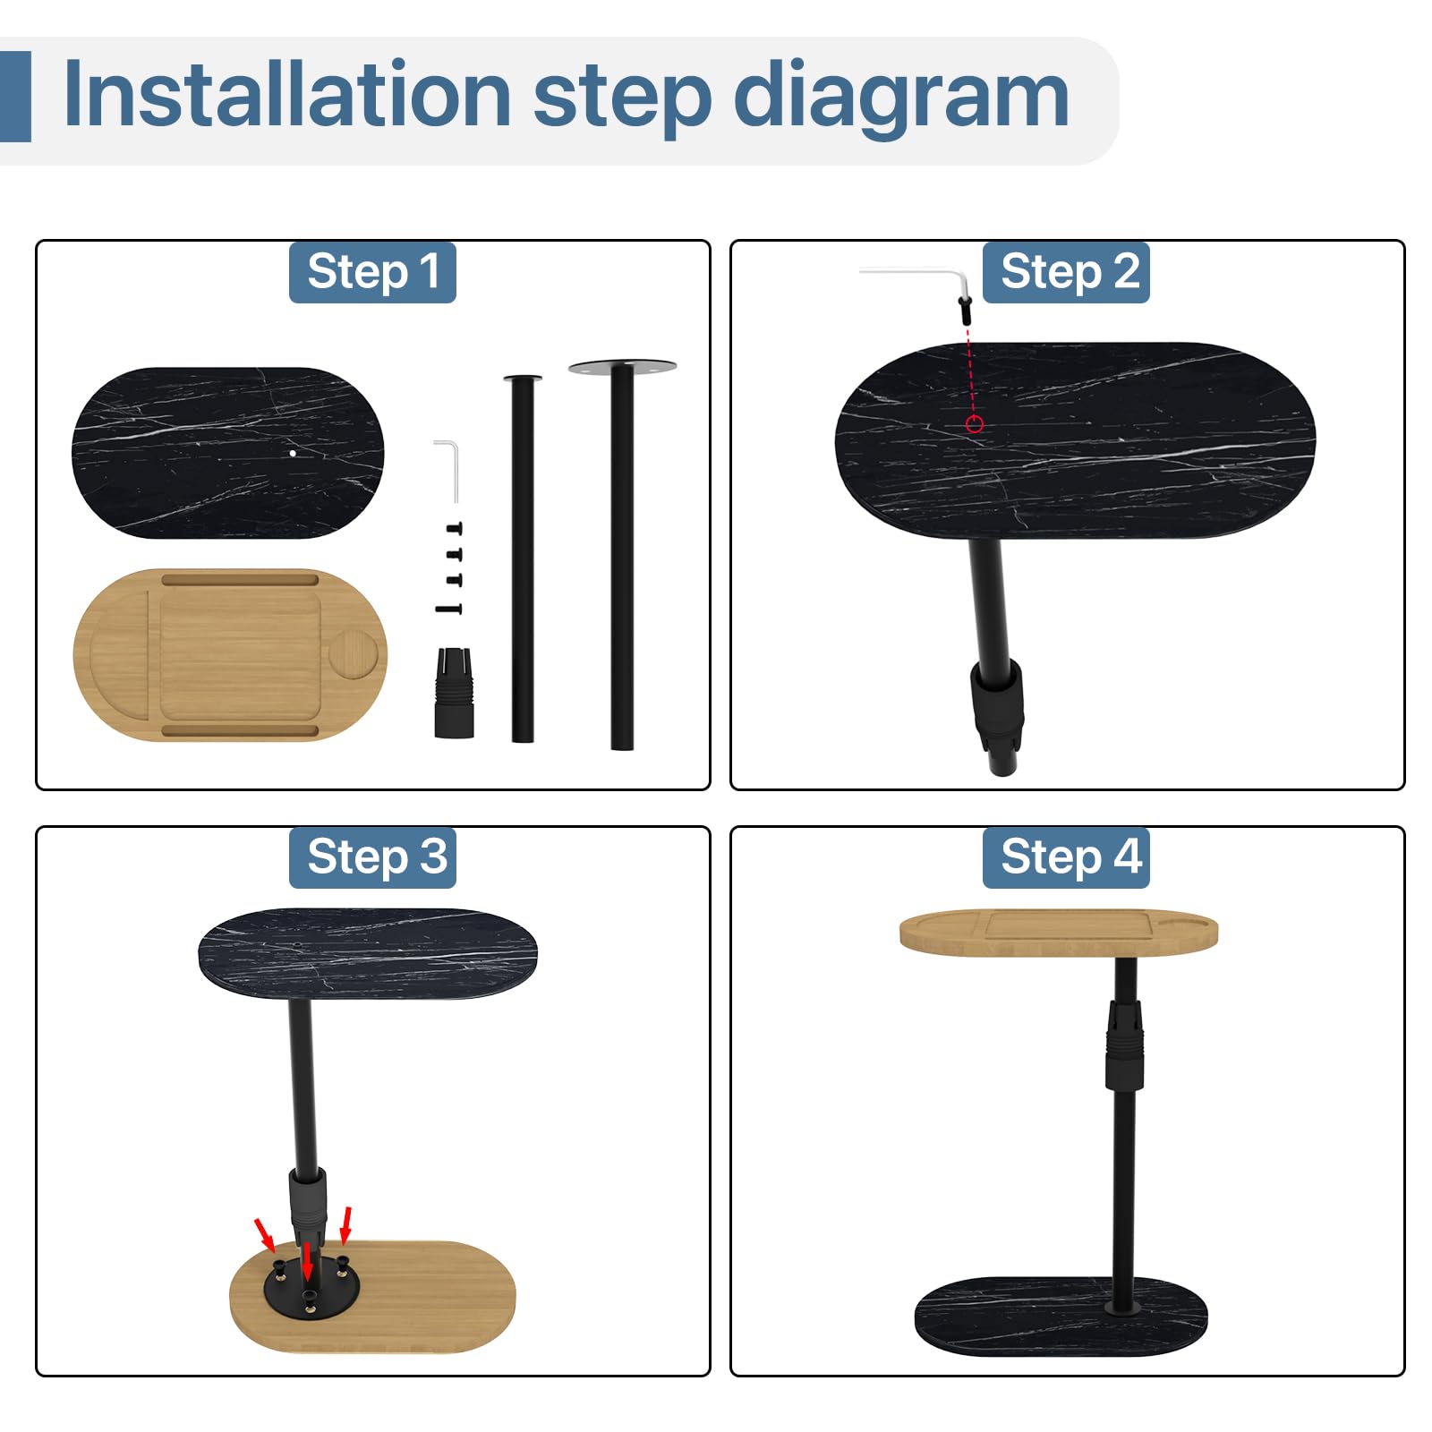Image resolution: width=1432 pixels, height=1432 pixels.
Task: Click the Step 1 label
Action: coord(372,272)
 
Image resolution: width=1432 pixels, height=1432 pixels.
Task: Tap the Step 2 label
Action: coord(1066,272)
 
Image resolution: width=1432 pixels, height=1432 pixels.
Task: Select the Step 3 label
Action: coord(372,857)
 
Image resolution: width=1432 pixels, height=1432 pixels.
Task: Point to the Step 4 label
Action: coord(1066,857)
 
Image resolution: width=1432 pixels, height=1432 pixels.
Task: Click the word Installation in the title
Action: coord(287,95)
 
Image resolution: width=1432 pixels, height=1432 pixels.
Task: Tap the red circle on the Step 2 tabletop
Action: coord(975,424)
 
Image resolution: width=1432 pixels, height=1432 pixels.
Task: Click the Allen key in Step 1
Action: coord(447,471)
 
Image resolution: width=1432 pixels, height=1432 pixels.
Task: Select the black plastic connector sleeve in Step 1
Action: coord(454,693)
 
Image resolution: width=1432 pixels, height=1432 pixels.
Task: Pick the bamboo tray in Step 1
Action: coord(230,655)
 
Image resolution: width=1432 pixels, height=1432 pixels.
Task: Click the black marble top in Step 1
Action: coord(227,453)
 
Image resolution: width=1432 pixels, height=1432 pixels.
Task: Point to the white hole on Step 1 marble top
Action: coord(293,453)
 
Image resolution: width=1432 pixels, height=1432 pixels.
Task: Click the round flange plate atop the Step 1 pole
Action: coord(622,366)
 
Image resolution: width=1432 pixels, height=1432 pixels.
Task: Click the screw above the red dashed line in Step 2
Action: coord(966,310)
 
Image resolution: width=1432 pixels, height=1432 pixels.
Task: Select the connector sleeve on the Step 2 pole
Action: coord(996,705)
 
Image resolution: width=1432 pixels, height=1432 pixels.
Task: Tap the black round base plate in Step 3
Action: coord(311,1287)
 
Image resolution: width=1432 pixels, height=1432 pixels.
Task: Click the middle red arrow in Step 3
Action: coord(307,1262)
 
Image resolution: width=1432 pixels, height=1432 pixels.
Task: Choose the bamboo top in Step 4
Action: coord(1059,933)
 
